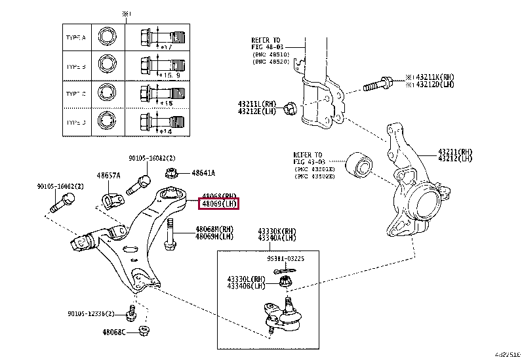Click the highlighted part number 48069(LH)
click(x=219, y=204)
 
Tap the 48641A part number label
click(x=203, y=173)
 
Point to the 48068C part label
click(x=115, y=332)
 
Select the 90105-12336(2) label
click(x=89, y=313)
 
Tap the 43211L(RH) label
click(x=258, y=104)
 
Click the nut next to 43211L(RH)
click(x=292, y=106)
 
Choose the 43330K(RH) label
click(x=277, y=231)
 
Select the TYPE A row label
click(x=76, y=38)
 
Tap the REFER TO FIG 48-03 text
click(x=266, y=43)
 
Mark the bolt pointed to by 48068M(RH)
click(x=170, y=234)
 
